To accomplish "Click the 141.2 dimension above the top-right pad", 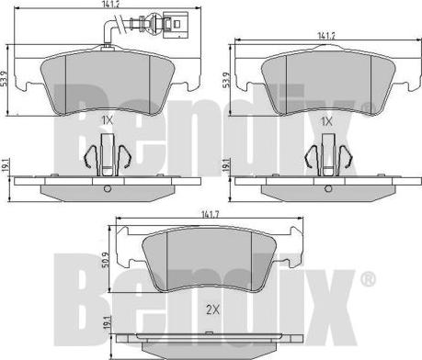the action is pyautogui.click(x=326, y=36).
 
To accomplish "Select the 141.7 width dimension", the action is pyautogui.click(x=210, y=214).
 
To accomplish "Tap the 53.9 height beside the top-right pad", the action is pyautogui.click(x=226, y=80).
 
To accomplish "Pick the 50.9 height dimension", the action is pyautogui.click(x=105, y=260).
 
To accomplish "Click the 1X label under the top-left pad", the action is pyautogui.click(x=107, y=120).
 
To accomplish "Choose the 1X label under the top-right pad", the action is pyautogui.click(x=326, y=122).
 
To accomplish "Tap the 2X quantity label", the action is pyautogui.click(x=212, y=310).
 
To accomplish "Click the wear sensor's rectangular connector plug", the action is pyautogui.click(x=175, y=25).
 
